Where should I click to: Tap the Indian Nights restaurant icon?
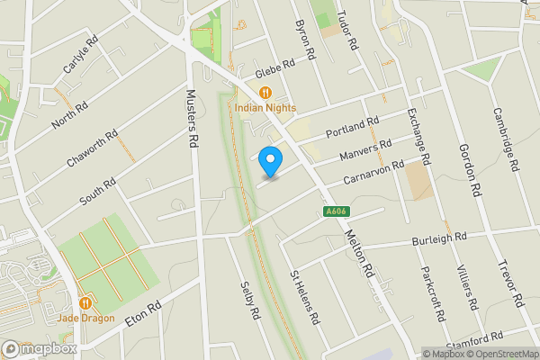coord(265,92)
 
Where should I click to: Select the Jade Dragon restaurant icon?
coord(85,303)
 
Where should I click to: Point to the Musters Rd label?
coord(191,118)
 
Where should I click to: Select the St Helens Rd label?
coord(304,298)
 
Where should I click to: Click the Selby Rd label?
coord(249,301)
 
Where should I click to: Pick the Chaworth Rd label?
coord(93,149)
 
